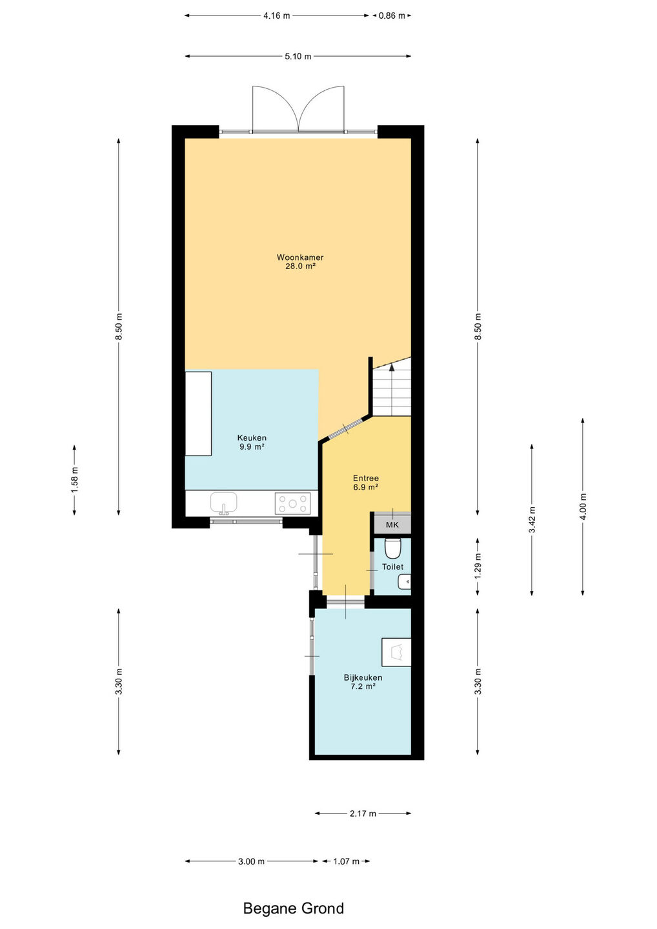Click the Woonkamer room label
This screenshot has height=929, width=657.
tap(300, 262)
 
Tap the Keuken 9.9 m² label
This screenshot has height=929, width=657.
tap(252, 442)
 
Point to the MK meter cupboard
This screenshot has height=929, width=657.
tap(392, 524)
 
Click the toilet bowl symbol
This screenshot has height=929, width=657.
tap(392, 548)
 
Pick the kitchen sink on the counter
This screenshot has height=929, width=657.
tap(223, 503)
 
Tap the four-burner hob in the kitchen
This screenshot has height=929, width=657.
tap(292, 503)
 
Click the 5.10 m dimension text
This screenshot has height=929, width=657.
tap(298, 56)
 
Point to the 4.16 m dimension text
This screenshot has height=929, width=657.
tap(277, 15)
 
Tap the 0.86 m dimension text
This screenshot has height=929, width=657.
tap(392, 15)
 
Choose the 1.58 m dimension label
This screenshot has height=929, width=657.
tap(74, 480)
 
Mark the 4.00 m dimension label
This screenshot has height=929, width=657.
tap(583, 506)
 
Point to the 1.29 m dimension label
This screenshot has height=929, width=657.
tap(478, 566)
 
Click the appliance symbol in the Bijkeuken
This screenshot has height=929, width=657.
tap(396, 652)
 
